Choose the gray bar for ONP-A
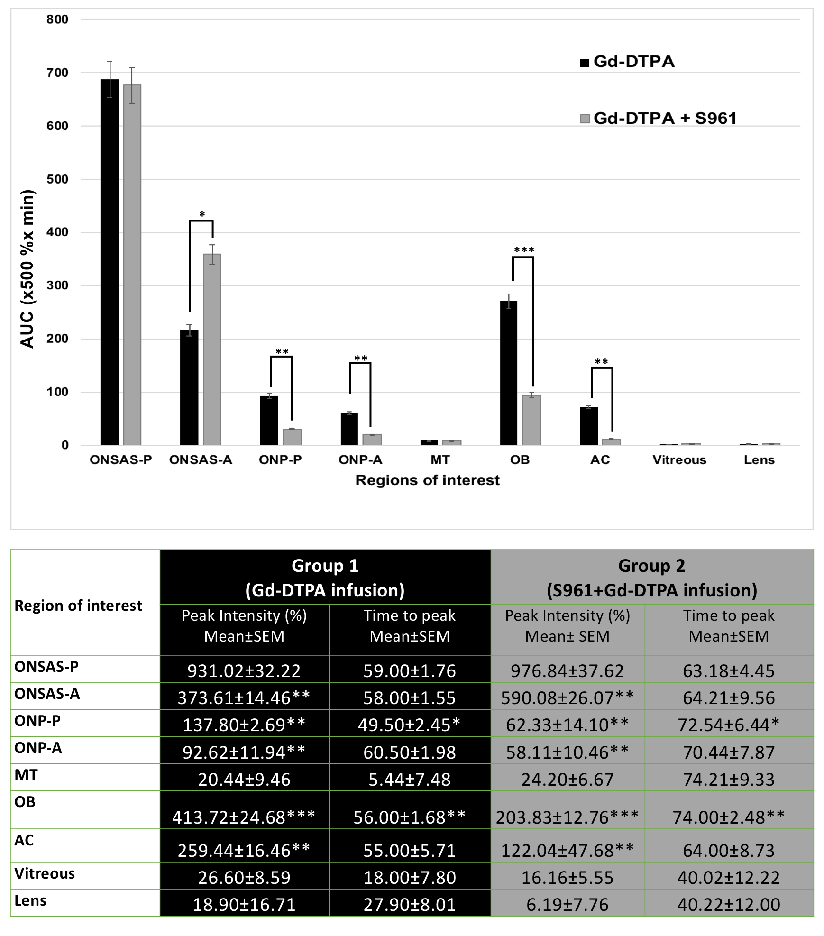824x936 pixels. pyautogui.click(x=372, y=440)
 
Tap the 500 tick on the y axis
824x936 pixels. pyautogui.click(x=57, y=179)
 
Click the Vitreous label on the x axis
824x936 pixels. pyautogui.click(x=679, y=460)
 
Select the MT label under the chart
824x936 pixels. pyautogui.click(x=440, y=460)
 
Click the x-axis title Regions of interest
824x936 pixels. pyautogui.click(x=427, y=480)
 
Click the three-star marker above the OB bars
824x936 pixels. pyautogui.click(x=524, y=250)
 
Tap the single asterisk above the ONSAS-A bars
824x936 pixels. pyautogui.click(x=202, y=214)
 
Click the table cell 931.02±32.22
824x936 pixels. pyautogui.click(x=244, y=670)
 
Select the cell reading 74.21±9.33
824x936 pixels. pyautogui.click(x=728, y=779)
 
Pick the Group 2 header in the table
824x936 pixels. pyautogui.click(x=651, y=578)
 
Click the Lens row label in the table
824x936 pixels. pyautogui.click(x=30, y=900)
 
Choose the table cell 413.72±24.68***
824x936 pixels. pyautogui.click(x=244, y=817)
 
